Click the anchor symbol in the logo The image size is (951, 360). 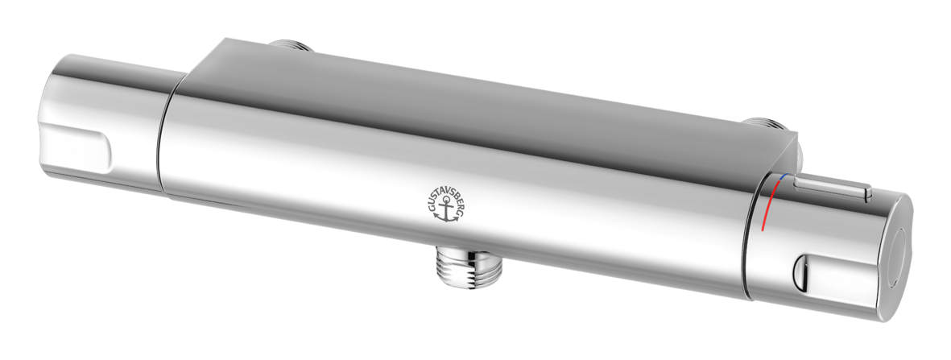click(447, 210)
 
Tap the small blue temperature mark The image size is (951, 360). click(783, 176)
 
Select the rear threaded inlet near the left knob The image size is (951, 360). click(290, 45)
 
